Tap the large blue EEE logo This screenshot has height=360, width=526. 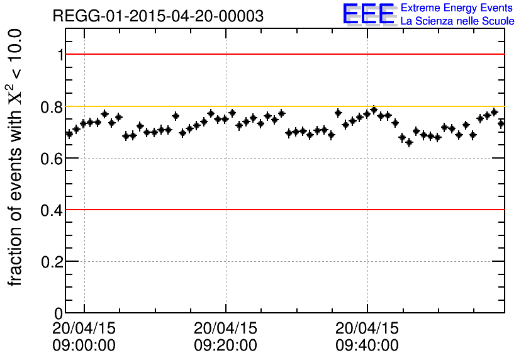pyautogui.click(x=369, y=14)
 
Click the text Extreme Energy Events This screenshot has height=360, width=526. pyautogui.click(x=457, y=8)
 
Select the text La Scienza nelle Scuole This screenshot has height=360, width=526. pyautogui.click(x=457, y=21)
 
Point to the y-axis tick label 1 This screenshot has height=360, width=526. pyautogui.click(x=60, y=55)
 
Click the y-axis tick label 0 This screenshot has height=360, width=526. pyautogui.click(x=59, y=313)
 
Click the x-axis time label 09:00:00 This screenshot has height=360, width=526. pyautogui.click(x=84, y=346)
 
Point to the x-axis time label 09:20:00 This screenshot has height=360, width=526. pyautogui.click(x=225, y=346)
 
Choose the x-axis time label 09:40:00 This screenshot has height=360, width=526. pyautogui.click(x=367, y=346)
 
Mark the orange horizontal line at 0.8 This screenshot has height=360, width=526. pyautogui.click(x=283, y=106)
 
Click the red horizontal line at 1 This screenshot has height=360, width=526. pyautogui.click(x=283, y=54)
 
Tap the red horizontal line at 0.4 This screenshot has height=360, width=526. pyautogui.click(x=283, y=210)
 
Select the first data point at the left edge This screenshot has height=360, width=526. pyautogui.click(x=69, y=133)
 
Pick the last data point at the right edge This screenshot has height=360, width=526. pyautogui.click(x=501, y=123)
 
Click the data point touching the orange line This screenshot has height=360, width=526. pyautogui.click(x=374, y=110)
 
